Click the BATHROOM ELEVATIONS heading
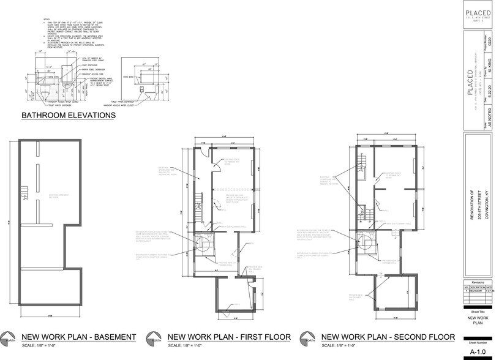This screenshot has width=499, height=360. [x=69, y=115]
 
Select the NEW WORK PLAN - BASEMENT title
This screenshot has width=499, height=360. [x=78, y=337]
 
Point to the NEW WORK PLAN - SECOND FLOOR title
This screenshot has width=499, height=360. [x=388, y=337]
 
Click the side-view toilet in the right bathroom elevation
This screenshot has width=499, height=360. [x=142, y=89]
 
